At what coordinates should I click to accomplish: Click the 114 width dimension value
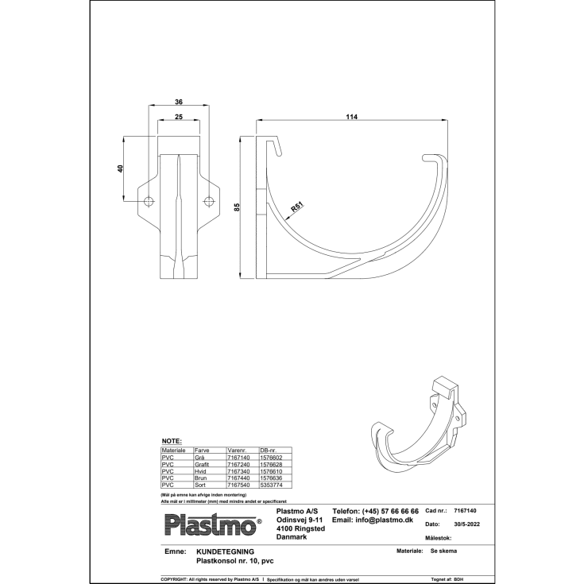(352, 117)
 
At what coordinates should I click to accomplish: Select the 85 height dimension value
(237, 207)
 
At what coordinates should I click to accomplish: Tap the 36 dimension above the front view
(179, 102)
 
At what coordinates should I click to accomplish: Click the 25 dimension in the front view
(179, 117)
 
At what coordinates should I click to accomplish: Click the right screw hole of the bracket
(208, 200)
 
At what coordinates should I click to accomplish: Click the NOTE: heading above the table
(172, 440)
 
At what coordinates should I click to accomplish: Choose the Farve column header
(202, 450)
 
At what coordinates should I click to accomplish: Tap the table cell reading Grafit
(203, 464)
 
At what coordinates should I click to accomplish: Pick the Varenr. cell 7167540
(238, 484)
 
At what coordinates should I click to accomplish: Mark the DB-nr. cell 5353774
(272, 484)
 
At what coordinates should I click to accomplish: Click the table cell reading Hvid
(201, 471)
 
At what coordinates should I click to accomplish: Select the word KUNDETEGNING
(225, 551)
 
